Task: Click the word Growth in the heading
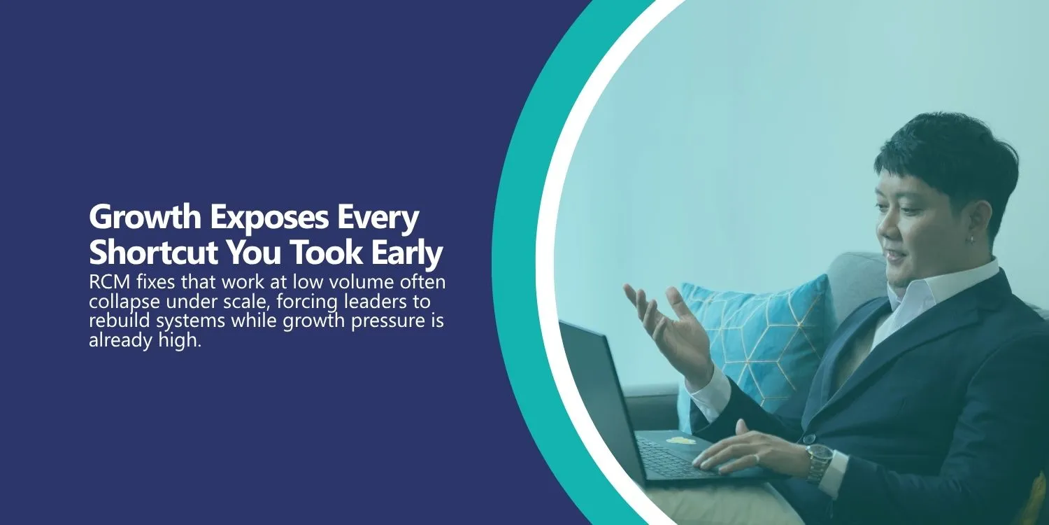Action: click(145, 217)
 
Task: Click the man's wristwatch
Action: click(819, 462)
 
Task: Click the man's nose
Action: click(884, 230)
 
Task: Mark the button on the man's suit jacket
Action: click(808, 439)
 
